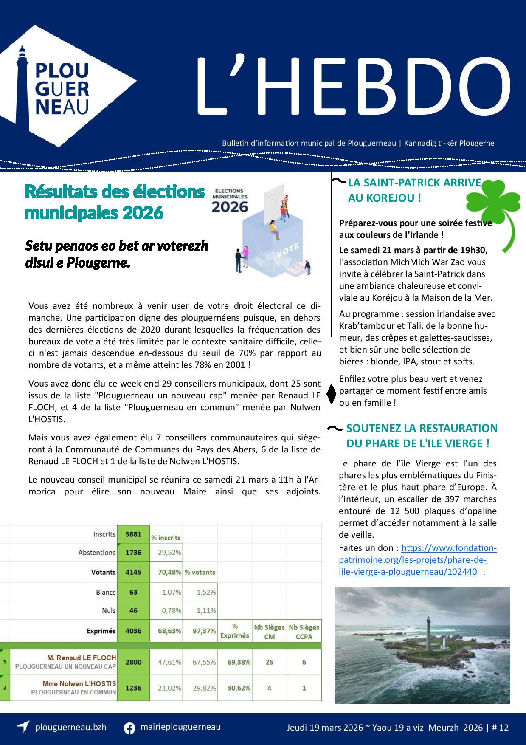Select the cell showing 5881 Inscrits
[x=133, y=534]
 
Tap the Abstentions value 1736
[x=133, y=553]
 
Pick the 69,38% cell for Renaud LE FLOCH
[x=235, y=662]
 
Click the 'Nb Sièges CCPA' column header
[x=304, y=632]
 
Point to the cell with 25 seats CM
[x=269, y=662]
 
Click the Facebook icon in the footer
[x=129, y=728]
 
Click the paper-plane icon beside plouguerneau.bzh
[x=23, y=727]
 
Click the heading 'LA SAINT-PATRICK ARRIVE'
[x=414, y=183]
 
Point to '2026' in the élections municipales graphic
[x=230, y=207]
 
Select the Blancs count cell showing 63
[x=133, y=592]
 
